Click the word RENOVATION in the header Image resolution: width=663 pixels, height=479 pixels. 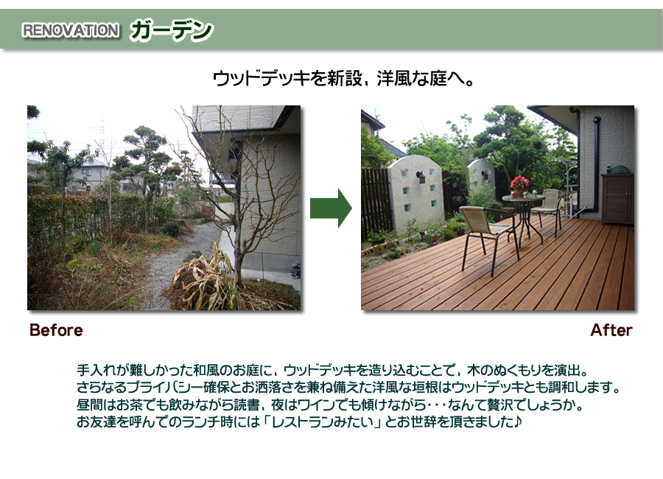click(70, 30)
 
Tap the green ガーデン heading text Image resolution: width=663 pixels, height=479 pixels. click(171, 30)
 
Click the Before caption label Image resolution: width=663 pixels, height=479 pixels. click(56, 330)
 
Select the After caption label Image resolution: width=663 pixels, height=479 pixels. click(611, 330)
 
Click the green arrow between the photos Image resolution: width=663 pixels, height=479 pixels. click(331, 209)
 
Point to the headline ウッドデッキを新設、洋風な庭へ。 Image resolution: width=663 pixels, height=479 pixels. click(343, 79)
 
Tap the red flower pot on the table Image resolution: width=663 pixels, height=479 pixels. click(519, 187)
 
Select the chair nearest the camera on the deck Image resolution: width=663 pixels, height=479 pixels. click(488, 238)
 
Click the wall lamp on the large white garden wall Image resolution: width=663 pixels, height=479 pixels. click(421, 177)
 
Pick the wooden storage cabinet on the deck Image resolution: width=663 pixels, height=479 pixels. click(617, 198)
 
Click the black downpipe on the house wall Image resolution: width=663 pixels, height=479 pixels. click(596, 164)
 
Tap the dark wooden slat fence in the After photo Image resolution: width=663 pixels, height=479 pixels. click(376, 202)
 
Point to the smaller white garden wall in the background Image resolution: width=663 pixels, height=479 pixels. click(481, 178)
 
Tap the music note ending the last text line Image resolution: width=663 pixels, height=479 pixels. click(518, 422)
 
